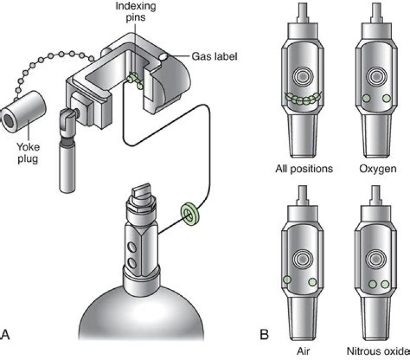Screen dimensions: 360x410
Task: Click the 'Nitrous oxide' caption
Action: point(378,349)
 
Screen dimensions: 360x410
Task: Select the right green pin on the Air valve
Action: point(311,281)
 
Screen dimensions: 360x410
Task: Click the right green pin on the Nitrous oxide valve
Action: point(386,284)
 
